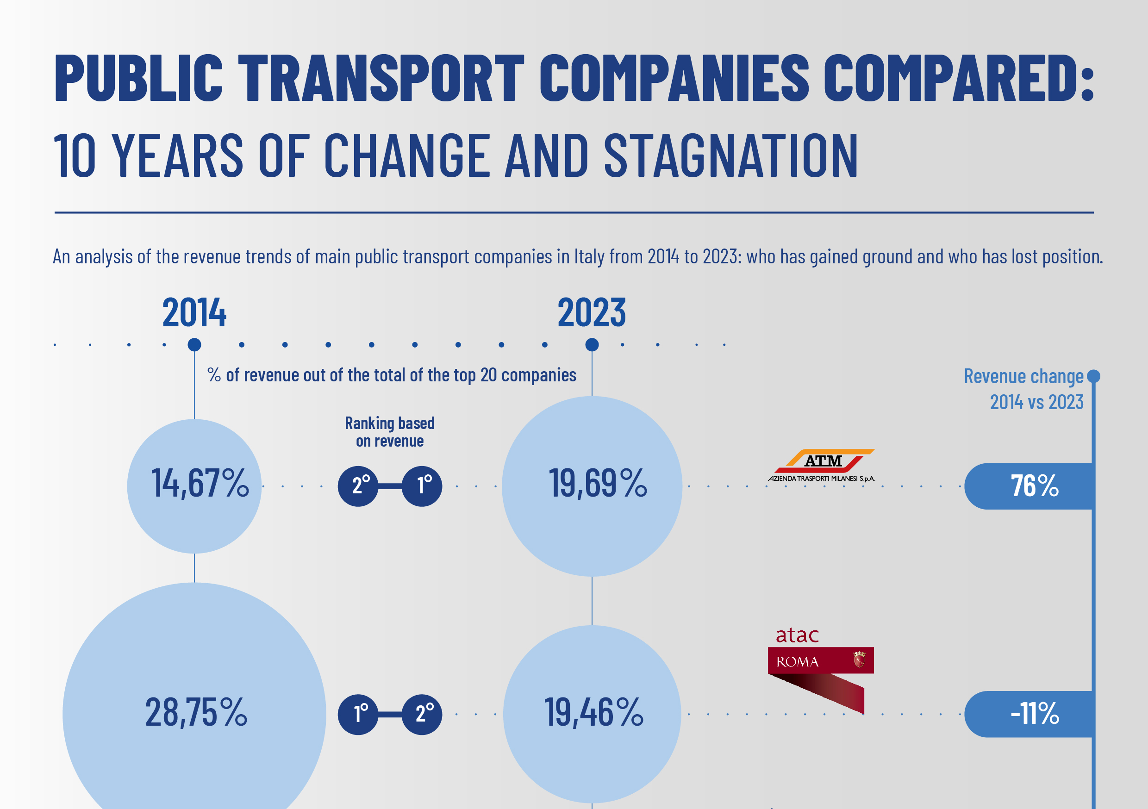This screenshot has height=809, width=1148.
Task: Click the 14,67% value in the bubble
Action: pos(200,484)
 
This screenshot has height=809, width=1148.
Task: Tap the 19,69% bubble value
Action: pos(598,484)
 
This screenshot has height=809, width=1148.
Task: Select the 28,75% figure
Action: pos(196,712)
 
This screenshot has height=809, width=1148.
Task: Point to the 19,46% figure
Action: pos(593,712)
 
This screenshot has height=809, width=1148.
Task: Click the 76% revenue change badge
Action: pos(1034,486)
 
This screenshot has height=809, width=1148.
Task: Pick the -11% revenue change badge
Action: pos(1034,714)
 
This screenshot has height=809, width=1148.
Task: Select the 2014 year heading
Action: pos(194,313)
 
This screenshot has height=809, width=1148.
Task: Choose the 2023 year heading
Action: pos(592,313)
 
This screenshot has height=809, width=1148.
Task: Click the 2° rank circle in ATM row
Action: pos(358,486)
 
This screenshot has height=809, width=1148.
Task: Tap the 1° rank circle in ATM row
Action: pos(422,486)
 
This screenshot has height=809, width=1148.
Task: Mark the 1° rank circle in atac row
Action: pos(358,714)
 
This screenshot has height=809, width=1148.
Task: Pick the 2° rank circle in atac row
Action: pos(422,714)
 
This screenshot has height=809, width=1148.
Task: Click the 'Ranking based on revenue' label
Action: pos(389,432)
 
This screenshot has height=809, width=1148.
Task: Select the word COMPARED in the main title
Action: pos(957,79)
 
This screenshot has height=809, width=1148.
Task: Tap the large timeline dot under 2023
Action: pos(592,344)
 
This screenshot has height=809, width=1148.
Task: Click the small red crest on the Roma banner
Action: pos(859,660)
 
